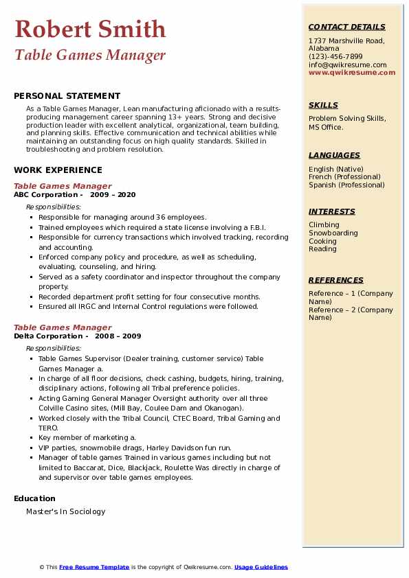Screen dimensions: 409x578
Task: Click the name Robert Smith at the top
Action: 90,29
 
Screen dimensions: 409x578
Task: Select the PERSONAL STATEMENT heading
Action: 67,96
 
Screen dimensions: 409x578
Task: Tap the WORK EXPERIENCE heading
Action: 58,170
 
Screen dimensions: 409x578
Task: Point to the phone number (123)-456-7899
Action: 335,57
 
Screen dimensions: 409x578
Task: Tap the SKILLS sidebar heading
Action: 323,105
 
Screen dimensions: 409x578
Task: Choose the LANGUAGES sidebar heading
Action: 334,155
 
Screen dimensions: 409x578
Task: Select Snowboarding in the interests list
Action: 333,233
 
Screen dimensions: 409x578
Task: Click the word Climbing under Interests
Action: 324,224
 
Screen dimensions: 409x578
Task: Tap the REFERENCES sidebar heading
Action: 336,280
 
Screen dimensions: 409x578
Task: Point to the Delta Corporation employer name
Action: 48,336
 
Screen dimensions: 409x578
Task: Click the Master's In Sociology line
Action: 66,511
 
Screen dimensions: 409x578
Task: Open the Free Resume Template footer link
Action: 94,567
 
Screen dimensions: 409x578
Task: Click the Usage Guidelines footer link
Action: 261,567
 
